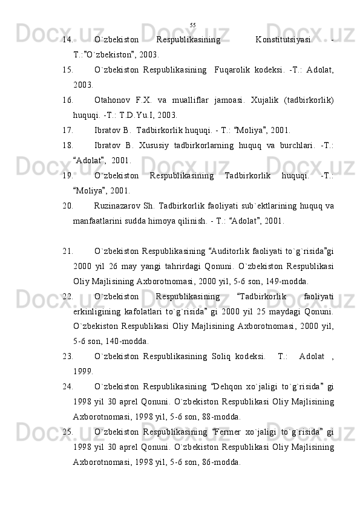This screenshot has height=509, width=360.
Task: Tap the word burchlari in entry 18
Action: pyautogui.click(x=296, y=146)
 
